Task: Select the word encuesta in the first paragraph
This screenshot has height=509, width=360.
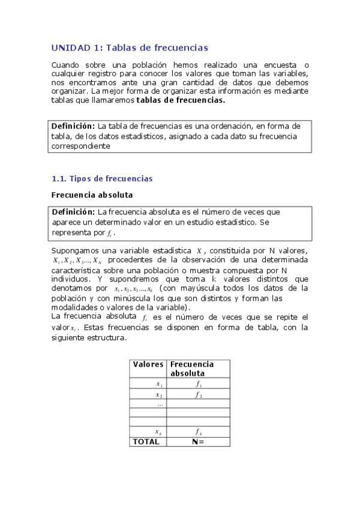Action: click(280, 65)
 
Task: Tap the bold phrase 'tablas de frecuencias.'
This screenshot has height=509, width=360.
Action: click(181, 100)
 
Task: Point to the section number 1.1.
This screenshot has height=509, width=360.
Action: click(58, 178)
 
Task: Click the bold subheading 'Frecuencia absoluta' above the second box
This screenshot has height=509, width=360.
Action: click(92, 195)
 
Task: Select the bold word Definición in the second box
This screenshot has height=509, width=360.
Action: click(73, 212)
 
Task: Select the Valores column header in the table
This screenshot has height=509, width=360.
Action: click(148, 364)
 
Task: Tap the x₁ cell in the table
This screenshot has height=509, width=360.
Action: click(159, 384)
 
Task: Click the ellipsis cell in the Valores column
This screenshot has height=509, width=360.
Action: click(160, 404)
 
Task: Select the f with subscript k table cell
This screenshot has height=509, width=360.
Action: click(199, 432)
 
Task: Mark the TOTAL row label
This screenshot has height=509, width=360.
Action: click(146, 442)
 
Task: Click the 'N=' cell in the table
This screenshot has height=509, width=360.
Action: click(198, 442)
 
